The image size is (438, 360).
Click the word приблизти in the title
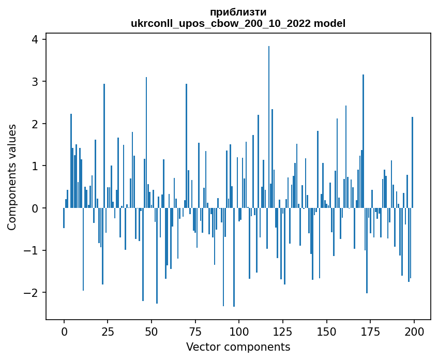point(238,12)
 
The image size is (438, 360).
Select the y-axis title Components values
point(12,177)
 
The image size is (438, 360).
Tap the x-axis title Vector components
point(238,347)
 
